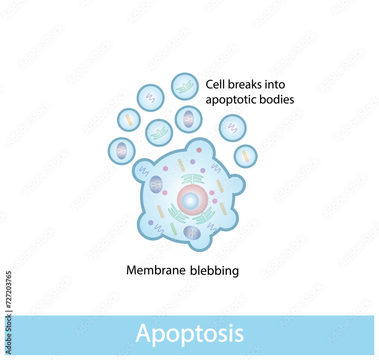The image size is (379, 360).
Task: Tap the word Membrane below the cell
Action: point(156,270)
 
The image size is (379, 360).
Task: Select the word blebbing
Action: point(215,271)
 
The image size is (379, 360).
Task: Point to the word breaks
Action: point(244,85)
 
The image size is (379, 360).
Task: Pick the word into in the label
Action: point(275,85)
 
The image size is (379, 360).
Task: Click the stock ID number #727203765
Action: point(8,290)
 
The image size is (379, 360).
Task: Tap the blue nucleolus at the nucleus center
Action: point(190,201)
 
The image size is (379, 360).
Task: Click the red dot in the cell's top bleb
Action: point(199,150)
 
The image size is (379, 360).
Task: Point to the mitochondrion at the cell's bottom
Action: point(192,233)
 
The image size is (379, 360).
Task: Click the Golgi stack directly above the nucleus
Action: point(193,179)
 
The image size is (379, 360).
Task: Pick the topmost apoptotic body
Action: point(185,86)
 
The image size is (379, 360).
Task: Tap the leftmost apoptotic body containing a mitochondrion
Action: point(122,151)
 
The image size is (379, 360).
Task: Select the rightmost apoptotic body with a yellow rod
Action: point(246,156)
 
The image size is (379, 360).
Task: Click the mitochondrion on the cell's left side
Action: point(156,184)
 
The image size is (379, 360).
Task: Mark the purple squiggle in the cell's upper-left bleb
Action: point(144,171)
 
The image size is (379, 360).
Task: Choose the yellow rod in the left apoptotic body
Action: point(129,120)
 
